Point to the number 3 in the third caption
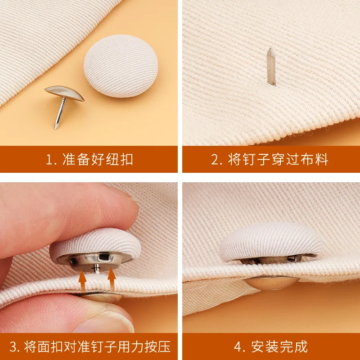[x=13, y=347]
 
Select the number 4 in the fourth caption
[x=238, y=347]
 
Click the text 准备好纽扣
[x=97, y=160]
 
